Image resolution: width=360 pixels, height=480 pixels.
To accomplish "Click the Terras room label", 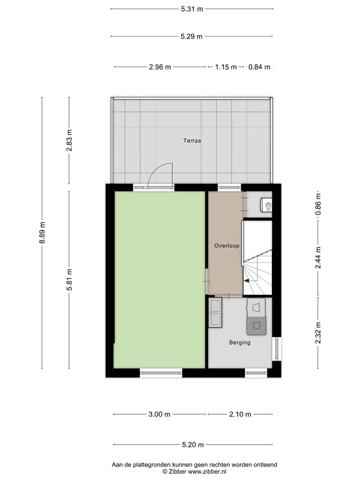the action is tap(192, 141).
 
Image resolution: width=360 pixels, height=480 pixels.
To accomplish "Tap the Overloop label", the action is tap(226, 245).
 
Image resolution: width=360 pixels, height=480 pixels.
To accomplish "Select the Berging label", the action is tap(239, 342).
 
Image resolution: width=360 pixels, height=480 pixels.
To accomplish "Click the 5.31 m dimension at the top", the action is tap(192, 9).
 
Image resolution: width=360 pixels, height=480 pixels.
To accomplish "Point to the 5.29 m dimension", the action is tap(191, 36).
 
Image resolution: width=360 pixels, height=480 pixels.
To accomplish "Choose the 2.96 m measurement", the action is tap(160, 66).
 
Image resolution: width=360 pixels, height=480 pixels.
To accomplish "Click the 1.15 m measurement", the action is tap(226, 66).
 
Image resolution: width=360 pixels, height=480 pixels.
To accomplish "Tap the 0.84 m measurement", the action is tap(259, 66).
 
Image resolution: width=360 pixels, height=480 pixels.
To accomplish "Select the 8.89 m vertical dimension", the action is tap(42, 232).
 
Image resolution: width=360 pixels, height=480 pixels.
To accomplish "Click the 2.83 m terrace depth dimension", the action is tap(69, 140).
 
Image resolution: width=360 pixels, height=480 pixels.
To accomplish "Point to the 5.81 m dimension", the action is tap(69, 280).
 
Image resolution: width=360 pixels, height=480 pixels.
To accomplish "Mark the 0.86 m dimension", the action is tap(318, 204).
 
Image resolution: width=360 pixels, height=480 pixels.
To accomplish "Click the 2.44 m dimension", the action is tap(318, 258).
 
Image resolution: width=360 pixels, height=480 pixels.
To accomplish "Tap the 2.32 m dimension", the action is tap(318, 333).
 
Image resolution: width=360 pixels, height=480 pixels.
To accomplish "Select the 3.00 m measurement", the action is tap(159, 414).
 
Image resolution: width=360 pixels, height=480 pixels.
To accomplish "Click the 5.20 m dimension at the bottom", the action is tap(193, 444).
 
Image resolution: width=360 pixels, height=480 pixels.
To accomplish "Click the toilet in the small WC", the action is tap(266, 204).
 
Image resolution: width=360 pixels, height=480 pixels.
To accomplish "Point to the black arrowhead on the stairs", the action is tap(246, 280).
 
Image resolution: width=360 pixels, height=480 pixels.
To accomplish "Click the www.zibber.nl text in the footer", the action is tap(207, 471).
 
